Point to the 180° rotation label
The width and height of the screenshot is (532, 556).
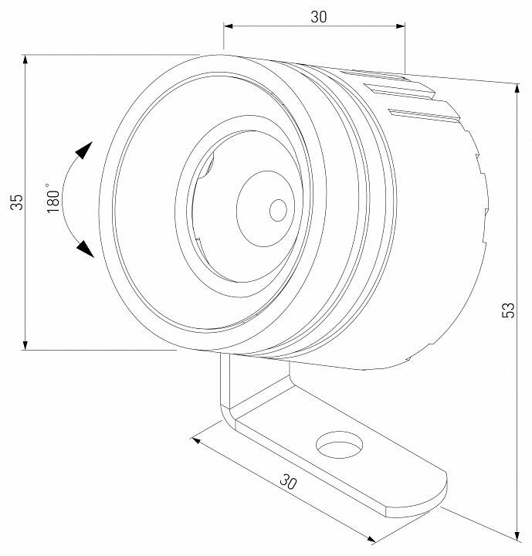[53, 199]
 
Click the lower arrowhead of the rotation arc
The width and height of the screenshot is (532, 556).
[84, 249]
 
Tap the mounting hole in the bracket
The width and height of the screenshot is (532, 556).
[339, 446]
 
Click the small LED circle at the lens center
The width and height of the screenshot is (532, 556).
[278, 208]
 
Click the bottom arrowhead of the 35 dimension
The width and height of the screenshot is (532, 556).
[25, 344]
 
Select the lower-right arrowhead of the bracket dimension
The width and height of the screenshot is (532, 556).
[371, 539]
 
